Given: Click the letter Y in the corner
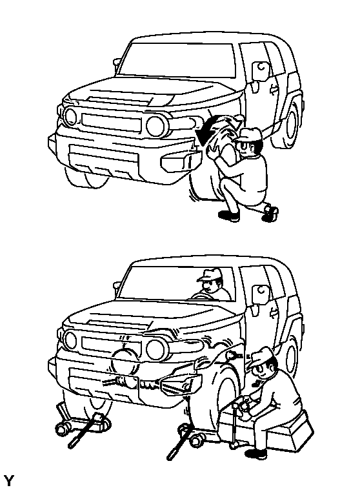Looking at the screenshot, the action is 9,480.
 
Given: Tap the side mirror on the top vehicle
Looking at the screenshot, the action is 260,70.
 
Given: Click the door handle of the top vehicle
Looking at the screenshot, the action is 273,90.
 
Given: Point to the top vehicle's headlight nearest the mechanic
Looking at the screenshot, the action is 155,126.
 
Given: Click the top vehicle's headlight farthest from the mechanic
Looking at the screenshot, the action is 70,116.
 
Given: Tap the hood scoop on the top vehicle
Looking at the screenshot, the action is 120,100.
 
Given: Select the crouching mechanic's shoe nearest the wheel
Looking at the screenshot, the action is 230,216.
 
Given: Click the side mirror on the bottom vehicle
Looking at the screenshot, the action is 261,294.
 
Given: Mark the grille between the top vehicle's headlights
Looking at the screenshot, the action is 112,123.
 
